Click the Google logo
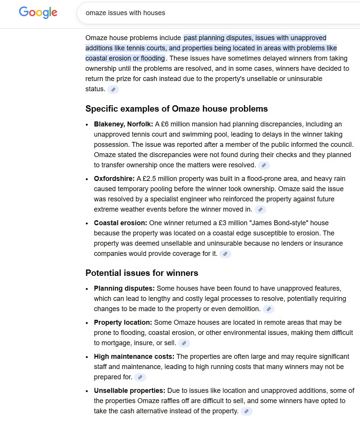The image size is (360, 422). [x=38, y=12]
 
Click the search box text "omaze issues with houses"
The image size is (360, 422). [x=125, y=13]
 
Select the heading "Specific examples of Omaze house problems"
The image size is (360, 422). [x=177, y=109]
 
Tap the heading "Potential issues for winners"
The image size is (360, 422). [x=142, y=273]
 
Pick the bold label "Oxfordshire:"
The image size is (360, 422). [x=114, y=179]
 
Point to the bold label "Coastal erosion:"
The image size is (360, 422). [x=121, y=223]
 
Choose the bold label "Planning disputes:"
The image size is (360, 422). [x=124, y=288]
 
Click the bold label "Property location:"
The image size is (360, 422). [x=123, y=322]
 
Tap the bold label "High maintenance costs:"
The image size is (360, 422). [x=134, y=357]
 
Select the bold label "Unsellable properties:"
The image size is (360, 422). [x=130, y=391]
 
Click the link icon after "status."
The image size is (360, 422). [x=113, y=89]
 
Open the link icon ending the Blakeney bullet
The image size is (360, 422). [x=264, y=165]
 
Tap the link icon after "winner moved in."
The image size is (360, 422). [x=260, y=210]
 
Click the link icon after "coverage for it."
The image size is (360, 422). [x=225, y=254]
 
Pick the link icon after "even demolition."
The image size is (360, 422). [x=268, y=309]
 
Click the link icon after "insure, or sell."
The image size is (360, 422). [x=184, y=343]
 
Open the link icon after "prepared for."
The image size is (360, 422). [x=140, y=377]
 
